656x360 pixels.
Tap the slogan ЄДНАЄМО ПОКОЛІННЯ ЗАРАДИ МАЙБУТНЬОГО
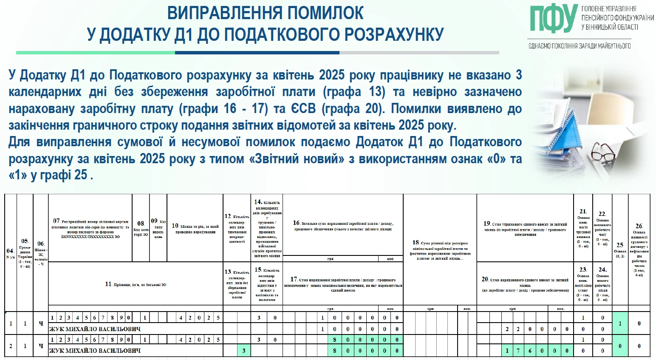(x=580, y=46)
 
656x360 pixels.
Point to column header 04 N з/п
(x=10, y=253)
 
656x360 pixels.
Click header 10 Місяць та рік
(x=195, y=228)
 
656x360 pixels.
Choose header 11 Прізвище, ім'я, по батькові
(x=136, y=284)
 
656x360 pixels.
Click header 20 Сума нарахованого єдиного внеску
(x=525, y=284)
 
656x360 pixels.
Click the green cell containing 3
(x=244, y=351)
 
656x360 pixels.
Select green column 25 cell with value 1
(x=620, y=323)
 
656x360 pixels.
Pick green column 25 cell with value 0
(x=620, y=346)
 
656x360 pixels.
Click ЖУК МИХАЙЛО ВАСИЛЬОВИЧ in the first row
(x=95, y=329)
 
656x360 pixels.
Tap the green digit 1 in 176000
(x=507, y=351)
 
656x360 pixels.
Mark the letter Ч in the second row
(x=41, y=346)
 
